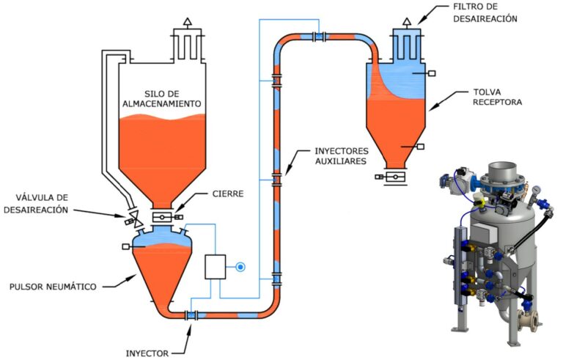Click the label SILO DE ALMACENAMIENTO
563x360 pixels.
point(161,99)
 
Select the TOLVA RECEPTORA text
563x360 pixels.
point(498,98)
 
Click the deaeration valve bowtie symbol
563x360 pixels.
point(133,218)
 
